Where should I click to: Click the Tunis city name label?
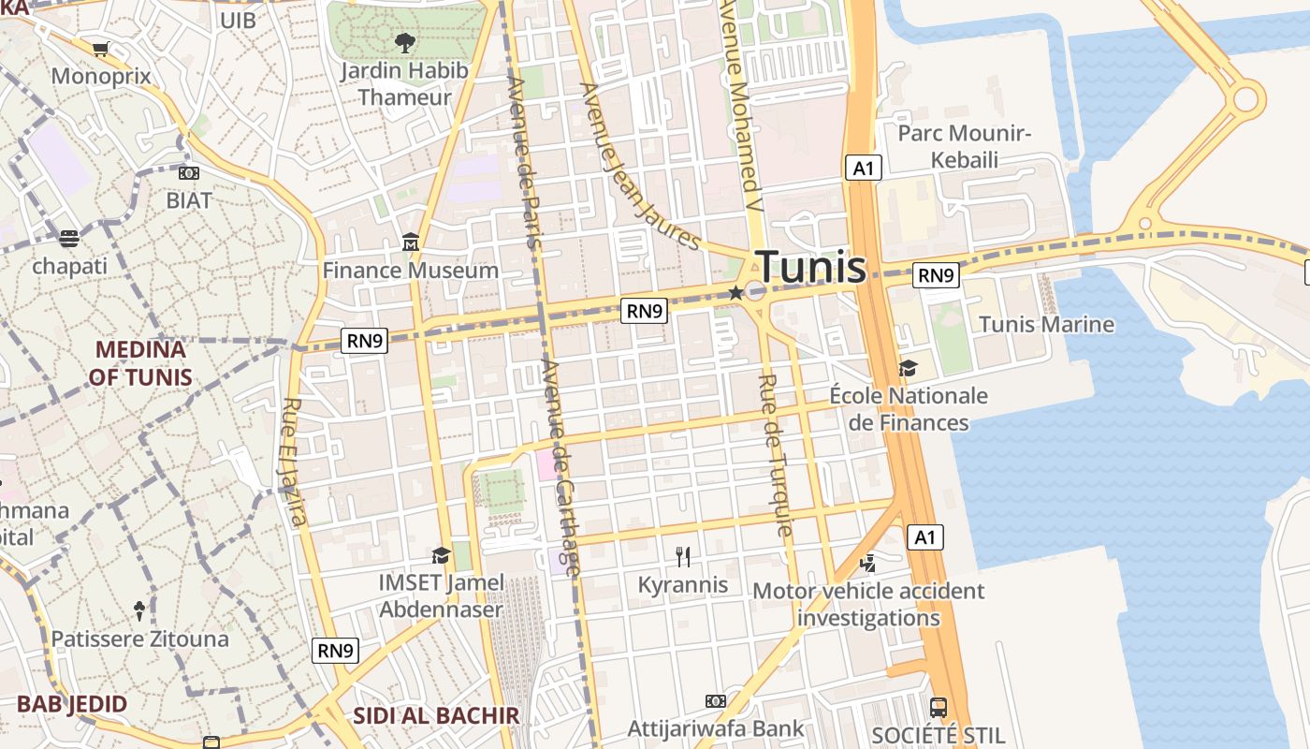pos(810,268)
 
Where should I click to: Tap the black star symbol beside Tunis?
pos(735,293)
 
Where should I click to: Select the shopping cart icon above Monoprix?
pos(100,49)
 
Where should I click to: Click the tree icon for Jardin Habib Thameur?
pos(404,42)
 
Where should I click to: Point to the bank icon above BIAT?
pos(189,173)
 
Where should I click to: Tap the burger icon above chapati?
pos(69,239)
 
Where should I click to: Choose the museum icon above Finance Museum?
pos(410,243)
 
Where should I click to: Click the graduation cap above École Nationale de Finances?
pos(908,368)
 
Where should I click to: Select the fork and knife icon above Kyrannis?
pos(683,557)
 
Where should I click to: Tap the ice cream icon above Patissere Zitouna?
pos(139,611)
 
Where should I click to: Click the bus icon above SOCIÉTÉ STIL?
pos(939,707)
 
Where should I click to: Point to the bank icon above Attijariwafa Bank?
pos(716,701)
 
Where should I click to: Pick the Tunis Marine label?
pos(1046,325)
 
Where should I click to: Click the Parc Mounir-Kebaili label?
pos(964,146)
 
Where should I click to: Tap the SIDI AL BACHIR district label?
pos(435,716)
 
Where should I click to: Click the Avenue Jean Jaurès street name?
pos(640,167)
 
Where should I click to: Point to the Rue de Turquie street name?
pos(775,455)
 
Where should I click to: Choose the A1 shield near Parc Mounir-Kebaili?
pos(863,168)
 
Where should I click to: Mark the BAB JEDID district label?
pos(72,704)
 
